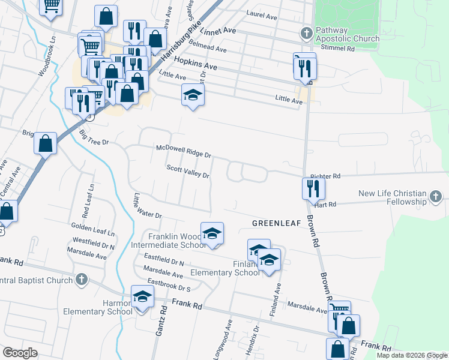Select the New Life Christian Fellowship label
coord(393,197)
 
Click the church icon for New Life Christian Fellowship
coord(436,196)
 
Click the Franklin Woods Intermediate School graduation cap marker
coord(211,233)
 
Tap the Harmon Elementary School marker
coord(143,296)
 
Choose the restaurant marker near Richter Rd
coord(313,188)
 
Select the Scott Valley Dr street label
coord(187,172)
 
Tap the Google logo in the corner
coord(20,353)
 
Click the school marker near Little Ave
coord(193,95)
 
